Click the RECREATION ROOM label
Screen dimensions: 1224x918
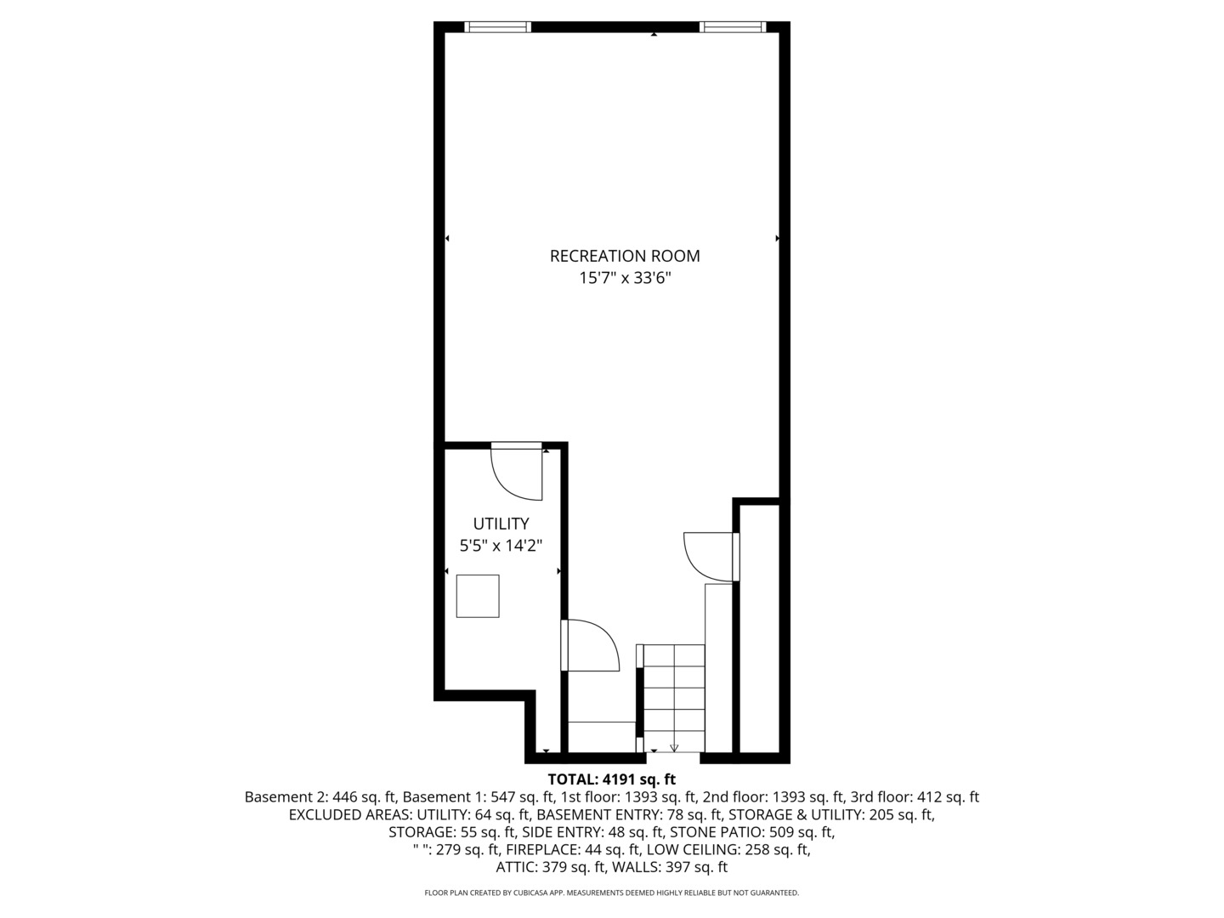click(625, 256)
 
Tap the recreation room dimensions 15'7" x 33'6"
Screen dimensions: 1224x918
click(625, 278)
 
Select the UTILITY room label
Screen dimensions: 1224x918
click(501, 524)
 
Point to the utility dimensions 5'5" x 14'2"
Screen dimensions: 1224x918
click(501, 545)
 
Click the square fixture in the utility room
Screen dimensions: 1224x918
click(478, 596)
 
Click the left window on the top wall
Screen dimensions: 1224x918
click(497, 26)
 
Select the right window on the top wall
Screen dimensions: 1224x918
click(733, 26)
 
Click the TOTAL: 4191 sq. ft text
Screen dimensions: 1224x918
click(612, 779)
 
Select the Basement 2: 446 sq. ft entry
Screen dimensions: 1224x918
click(320, 797)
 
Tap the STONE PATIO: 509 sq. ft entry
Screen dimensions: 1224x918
click(751, 832)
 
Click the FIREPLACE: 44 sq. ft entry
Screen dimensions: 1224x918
click(572, 850)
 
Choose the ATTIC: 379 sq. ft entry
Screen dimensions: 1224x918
click(551, 867)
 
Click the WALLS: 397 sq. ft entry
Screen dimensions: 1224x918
click(670, 867)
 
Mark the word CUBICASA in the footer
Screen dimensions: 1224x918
click(531, 892)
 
